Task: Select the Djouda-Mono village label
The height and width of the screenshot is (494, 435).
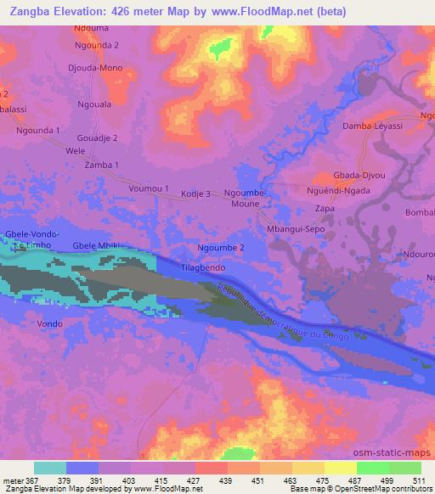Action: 100,68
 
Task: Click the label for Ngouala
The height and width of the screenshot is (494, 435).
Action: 96,106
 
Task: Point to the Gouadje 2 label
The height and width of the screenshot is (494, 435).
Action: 99,138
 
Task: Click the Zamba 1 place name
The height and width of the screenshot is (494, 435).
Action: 102,165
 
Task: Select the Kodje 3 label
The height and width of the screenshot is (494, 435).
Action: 195,194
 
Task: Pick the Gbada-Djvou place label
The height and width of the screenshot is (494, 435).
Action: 359,176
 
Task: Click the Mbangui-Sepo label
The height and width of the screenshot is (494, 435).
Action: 296,229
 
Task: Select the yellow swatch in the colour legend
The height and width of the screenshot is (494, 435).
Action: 308,468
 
